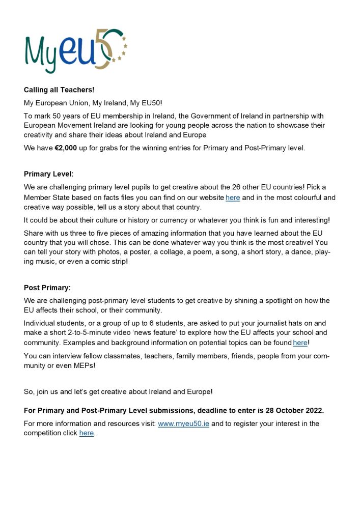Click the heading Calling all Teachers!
click(x=59, y=90)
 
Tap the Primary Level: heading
click(x=48, y=174)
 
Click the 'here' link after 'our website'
click(x=233, y=197)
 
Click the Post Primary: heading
click(x=47, y=288)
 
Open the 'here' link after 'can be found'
click(x=300, y=343)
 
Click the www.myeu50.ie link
click(x=183, y=423)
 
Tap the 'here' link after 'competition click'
click(x=87, y=433)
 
